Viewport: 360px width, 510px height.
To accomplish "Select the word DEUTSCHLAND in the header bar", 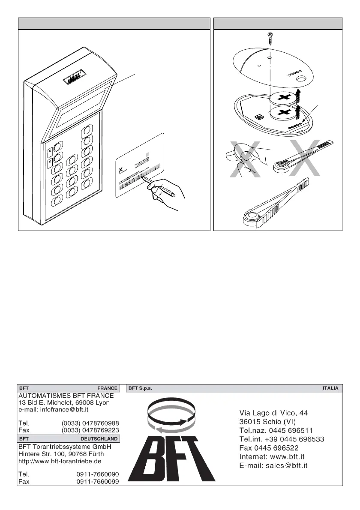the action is (x=99, y=439).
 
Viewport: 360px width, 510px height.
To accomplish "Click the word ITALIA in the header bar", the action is (x=330, y=388).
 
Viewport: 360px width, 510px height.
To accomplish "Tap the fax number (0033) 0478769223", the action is (x=90, y=430).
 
